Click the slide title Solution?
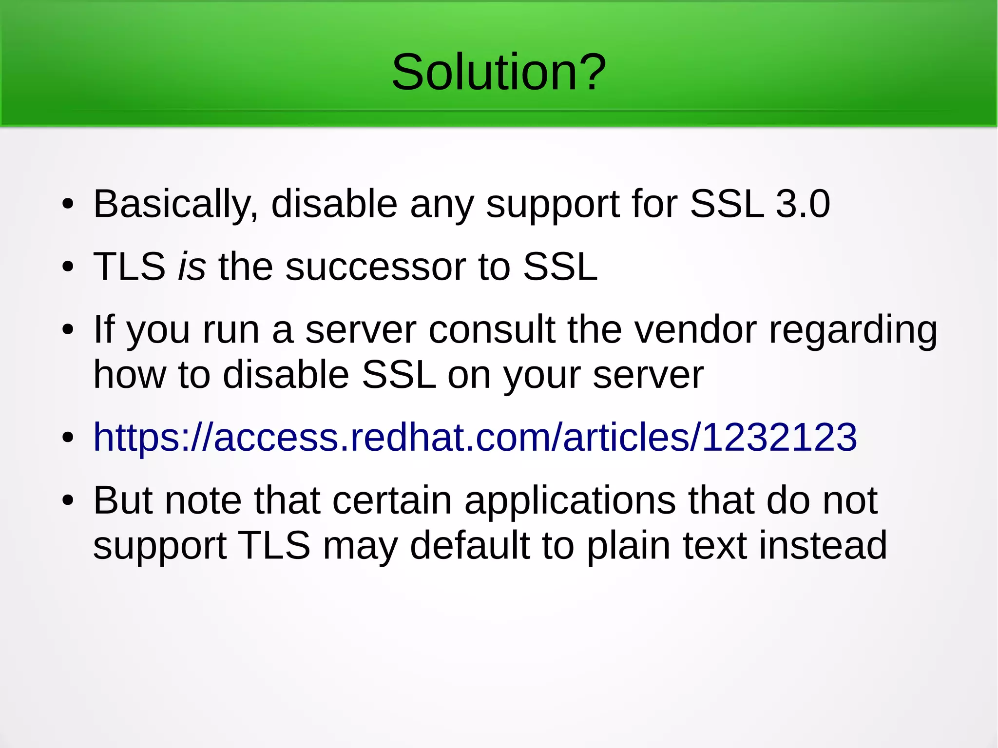(499, 72)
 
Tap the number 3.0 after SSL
(803, 204)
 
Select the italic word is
(192, 267)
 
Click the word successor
(375, 267)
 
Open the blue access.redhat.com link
(475, 437)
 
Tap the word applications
(570, 501)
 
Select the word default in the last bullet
(469, 545)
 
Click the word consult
(492, 330)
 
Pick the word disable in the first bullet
(334, 204)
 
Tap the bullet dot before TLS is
(68, 267)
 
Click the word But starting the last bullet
(123, 500)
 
